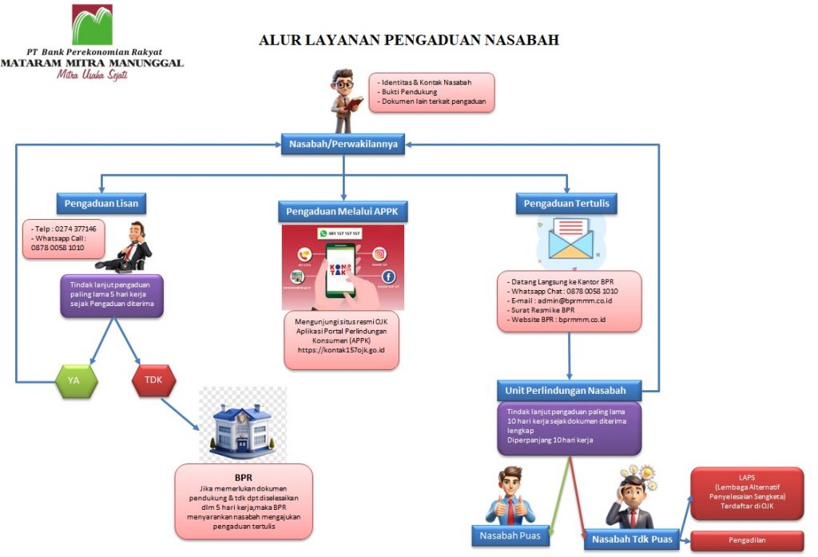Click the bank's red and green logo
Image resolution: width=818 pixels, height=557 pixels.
tap(92, 24)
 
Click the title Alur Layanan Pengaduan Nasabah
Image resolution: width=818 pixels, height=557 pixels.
tap(409, 40)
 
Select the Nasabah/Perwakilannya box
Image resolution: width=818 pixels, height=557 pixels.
tap(343, 144)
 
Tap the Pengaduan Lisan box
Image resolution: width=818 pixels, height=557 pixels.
tap(101, 203)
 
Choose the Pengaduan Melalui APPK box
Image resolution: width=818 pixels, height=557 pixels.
tap(343, 212)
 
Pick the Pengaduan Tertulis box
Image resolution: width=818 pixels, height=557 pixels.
tap(566, 203)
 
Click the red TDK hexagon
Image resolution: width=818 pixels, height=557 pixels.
tap(153, 380)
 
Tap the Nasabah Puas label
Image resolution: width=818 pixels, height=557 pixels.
tap(510, 535)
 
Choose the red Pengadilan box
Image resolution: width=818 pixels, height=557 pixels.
tap(746, 540)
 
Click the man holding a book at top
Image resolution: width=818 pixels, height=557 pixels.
tap(345, 100)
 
